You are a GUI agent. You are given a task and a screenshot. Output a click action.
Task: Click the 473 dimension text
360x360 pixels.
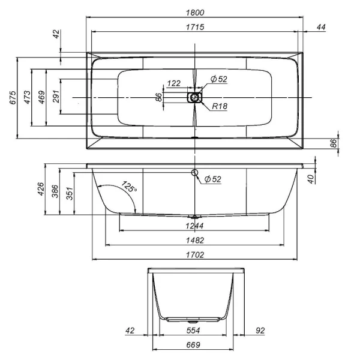27,98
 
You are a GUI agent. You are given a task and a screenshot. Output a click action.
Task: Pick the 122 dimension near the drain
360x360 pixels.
174,83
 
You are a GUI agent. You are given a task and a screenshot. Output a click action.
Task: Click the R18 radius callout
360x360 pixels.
218,107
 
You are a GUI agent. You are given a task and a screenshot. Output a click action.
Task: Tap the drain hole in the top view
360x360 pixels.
195,97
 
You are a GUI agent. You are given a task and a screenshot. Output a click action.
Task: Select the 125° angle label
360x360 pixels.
129,187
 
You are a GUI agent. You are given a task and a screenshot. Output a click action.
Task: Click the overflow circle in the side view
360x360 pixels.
194,173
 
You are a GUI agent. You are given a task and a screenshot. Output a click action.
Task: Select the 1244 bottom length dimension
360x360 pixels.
194,226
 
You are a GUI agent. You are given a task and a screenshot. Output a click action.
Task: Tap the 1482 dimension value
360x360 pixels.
194,241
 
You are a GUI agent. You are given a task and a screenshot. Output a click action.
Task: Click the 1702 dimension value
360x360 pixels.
194,255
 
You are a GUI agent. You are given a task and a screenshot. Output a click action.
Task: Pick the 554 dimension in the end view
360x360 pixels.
193,331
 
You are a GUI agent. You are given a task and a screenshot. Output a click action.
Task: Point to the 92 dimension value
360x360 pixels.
259,331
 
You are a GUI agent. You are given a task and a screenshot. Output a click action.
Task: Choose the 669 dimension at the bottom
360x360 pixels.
193,345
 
